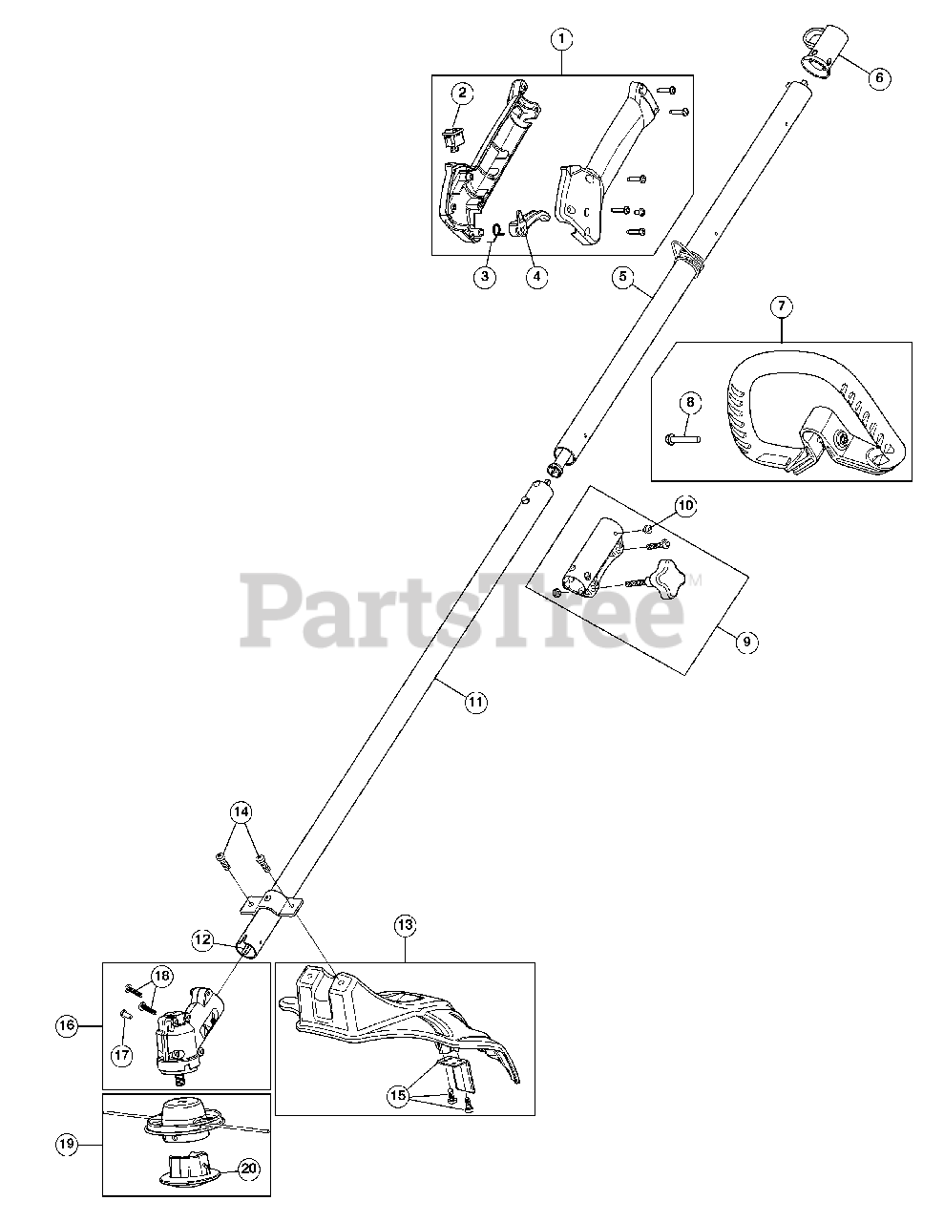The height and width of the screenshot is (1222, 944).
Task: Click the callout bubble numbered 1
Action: click(562, 39)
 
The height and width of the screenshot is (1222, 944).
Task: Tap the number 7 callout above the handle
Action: click(781, 306)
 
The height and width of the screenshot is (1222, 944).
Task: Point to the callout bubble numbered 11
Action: click(475, 702)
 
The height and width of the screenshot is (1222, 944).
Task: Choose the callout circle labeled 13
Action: click(405, 924)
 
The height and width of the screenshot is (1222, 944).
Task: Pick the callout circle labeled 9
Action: click(747, 642)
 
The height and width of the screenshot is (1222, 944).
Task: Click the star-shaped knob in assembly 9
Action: click(664, 578)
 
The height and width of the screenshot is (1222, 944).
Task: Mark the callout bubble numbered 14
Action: click(241, 812)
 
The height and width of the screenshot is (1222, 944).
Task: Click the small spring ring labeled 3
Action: click(497, 228)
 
